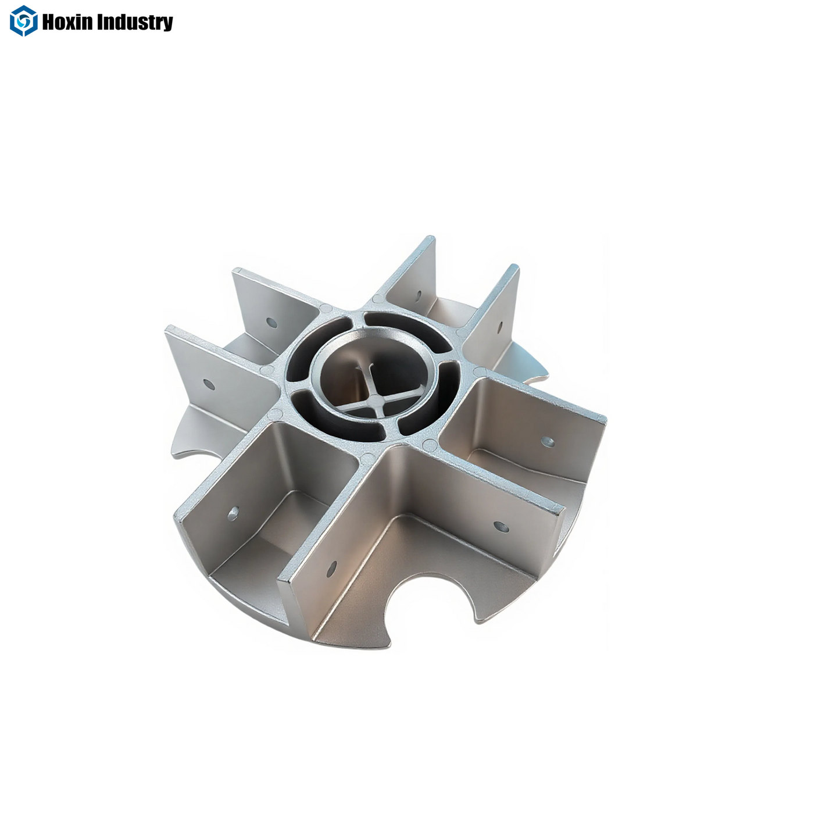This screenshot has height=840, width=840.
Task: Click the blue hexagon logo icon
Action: coord(23,21)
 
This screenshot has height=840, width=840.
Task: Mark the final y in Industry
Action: coord(167,24)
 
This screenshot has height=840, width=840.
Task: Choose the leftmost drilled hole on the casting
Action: coord(208,384)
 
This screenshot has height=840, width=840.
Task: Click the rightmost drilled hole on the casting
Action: coord(547,442)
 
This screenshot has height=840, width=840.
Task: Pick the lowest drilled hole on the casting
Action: coord(332,569)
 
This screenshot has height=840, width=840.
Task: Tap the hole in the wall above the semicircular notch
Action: coord(501,527)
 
